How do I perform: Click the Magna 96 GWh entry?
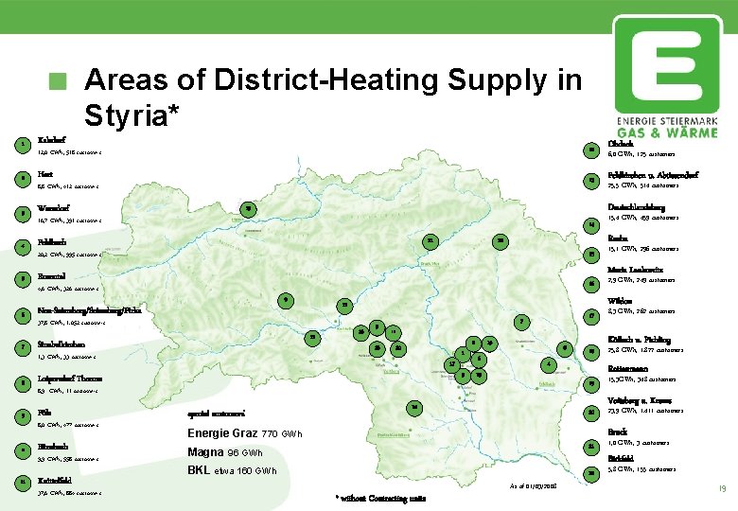[231, 451]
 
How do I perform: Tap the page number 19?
[722, 488]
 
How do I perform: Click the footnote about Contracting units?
[380, 498]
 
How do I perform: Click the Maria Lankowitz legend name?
[639, 270]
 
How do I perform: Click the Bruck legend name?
[617, 432]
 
